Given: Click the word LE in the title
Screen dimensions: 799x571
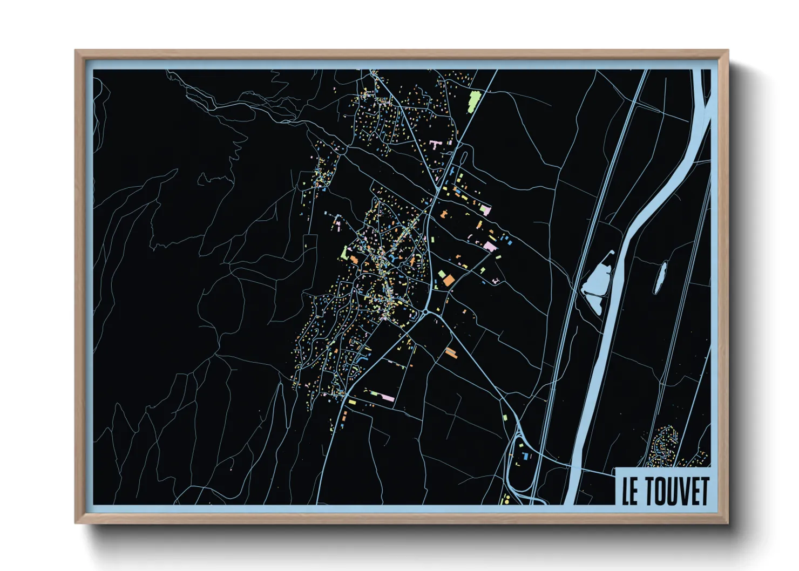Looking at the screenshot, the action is point(629,491).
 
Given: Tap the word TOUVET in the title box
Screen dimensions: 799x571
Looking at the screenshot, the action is point(676,491).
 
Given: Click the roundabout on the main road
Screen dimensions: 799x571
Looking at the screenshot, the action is point(426,311).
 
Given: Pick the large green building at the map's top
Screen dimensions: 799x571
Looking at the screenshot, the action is point(474,100).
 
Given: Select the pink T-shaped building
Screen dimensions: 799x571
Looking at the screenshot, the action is point(436,144).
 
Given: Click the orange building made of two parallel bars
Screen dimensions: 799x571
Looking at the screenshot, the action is point(451,353).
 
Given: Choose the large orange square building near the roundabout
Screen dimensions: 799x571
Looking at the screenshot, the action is point(449,280).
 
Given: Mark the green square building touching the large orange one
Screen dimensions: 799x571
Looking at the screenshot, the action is point(442,275).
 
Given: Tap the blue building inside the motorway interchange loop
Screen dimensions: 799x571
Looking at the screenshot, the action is point(525,457).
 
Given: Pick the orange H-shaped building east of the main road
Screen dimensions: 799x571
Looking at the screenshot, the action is point(445,214).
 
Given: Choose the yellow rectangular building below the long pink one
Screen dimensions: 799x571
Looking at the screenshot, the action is point(351,402).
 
